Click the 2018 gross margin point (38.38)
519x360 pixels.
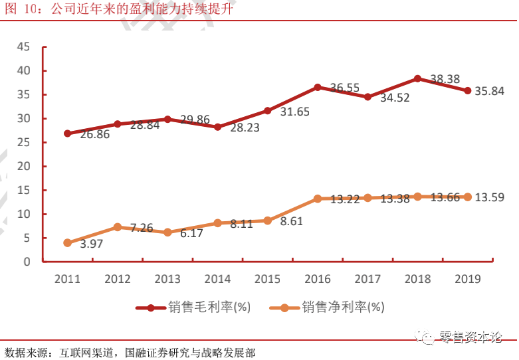point(418,78)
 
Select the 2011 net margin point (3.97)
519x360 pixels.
point(67,243)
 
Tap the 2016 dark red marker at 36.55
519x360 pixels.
point(318,87)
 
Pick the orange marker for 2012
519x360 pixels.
point(117,227)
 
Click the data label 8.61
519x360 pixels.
point(291,222)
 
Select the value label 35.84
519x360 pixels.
point(490,92)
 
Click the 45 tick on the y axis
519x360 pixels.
point(24,47)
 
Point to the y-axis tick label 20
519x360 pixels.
point(24,167)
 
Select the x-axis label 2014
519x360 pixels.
point(217,279)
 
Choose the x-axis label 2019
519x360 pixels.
point(468,279)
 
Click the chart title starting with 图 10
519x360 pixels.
point(120,9)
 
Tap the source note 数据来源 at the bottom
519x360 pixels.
point(129,352)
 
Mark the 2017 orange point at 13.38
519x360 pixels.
point(367,198)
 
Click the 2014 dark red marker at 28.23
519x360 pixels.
point(217,127)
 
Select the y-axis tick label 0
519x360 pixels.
point(27,262)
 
